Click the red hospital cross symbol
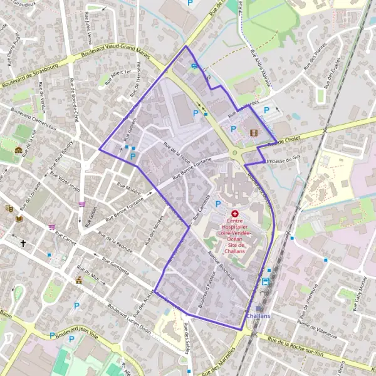(x=235, y=214)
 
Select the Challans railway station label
(x=258, y=316)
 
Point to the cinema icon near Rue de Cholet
(x=253, y=133)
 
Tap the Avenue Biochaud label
(x=218, y=264)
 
